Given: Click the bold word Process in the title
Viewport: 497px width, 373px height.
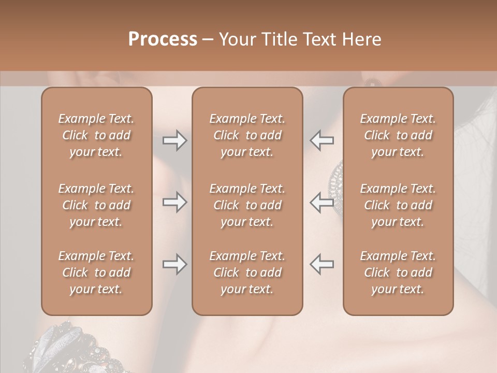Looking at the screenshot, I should pyautogui.click(x=163, y=39).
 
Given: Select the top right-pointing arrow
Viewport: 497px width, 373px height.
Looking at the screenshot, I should pyautogui.click(x=174, y=140).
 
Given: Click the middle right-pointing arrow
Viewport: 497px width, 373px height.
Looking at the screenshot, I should pyautogui.click(x=174, y=202).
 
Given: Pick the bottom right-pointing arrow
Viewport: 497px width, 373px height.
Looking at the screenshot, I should pyautogui.click(x=174, y=264).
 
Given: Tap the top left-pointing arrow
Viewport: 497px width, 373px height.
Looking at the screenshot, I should pyautogui.click(x=322, y=140).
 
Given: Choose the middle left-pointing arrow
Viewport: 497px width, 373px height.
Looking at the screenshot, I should pyautogui.click(x=322, y=202).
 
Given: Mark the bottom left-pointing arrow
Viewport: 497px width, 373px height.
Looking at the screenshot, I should pyautogui.click(x=322, y=264).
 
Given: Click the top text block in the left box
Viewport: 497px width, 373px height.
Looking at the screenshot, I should pyautogui.click(x=96, y=135).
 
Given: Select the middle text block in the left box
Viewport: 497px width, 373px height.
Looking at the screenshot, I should pyautogui.click(x=96, y=205).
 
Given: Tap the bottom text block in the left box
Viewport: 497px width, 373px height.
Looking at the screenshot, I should pyautogui.click(x=96, y=272).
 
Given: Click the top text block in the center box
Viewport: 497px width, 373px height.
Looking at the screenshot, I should pyautogui.click(x=247, y=135).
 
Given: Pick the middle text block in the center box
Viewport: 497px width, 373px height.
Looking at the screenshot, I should pyautogui.click(x=247, y=205).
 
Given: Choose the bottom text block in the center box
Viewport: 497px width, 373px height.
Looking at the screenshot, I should pyautogui.click(x=247, y=272).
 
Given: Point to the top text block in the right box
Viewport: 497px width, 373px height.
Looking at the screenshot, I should pyautogui.click(x=398, y=135).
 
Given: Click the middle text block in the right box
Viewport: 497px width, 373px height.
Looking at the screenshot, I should pyautogui.click(x=398, y=205).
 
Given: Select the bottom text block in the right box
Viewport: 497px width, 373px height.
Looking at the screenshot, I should pyautogui.click(x=398, y=272).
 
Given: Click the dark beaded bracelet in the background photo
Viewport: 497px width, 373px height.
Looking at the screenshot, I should pyautogui.click(x=72, y=347).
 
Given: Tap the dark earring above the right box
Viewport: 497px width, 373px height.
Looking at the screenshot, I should pyautogui.click(x=372, y=81).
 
